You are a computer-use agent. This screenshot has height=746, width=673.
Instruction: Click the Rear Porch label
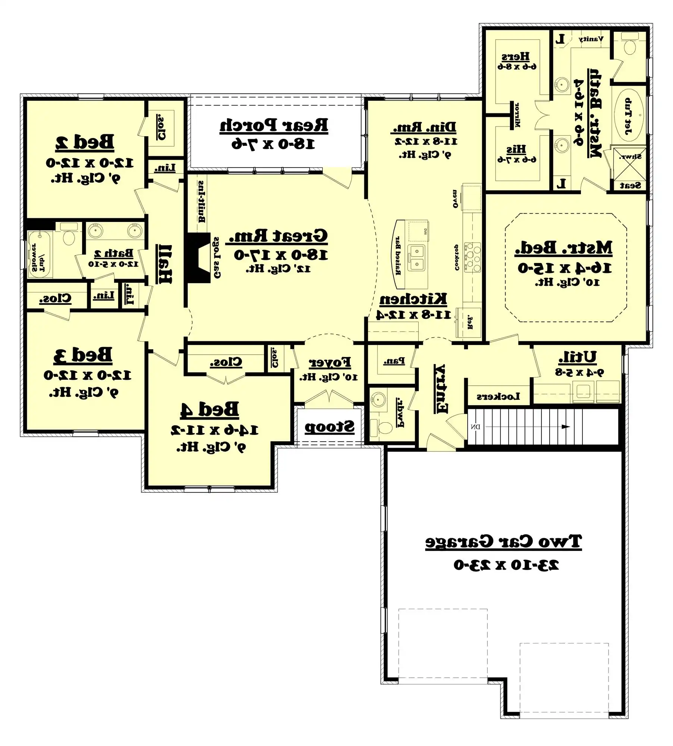(274, 125)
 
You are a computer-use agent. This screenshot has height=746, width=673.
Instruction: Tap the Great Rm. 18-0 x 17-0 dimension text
(280, 255)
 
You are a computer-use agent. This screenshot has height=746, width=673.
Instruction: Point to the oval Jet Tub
(629, 116)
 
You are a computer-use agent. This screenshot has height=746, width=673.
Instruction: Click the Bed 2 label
(85, 142)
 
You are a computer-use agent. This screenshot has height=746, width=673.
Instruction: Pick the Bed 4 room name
(210, 410)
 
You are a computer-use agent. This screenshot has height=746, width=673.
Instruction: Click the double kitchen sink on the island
(417, 258)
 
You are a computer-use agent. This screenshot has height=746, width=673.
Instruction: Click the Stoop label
(329, 427)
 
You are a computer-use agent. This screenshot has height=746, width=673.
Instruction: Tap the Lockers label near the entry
(498, 396)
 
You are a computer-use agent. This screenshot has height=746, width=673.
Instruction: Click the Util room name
(577, 357)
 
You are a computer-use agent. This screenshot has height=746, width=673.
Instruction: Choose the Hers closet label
(516, 56)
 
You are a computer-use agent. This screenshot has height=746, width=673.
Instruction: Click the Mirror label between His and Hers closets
(517, 115)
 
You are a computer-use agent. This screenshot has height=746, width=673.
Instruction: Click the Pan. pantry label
(394, 361)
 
